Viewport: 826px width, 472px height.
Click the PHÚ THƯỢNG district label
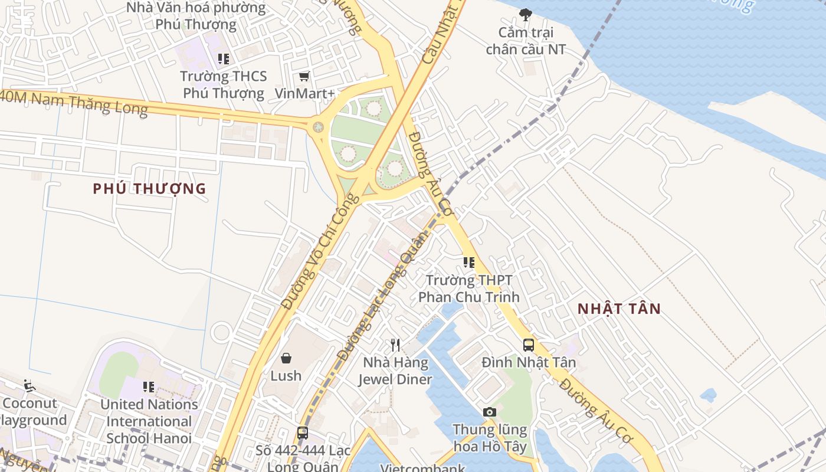pyautogui.click(x=149, y=189)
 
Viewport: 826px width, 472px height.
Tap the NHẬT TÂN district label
pyautogui.click(x=619, y=309)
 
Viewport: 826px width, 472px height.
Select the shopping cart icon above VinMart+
pyautogui.click(x=304, y=76)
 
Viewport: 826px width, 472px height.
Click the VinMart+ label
pyautogui.click(x=304, y=93)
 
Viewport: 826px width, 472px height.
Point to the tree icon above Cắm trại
pyautogui.click(x=525, y=15)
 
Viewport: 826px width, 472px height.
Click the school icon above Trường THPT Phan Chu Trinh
pyautogui.click(x=469, y=263)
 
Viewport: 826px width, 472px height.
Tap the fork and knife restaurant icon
pyautogui.click(x=395, y=345)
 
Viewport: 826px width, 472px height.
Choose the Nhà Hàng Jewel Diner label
pyautogui.click(x=395, y=371)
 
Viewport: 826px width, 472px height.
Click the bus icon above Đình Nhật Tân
pyautogui.click(x=529, y=345)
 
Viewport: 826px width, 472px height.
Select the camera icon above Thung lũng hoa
pyautogui.click(x=489, y=412)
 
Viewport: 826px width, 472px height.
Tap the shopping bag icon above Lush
pyautogui.click(x=286, y=358)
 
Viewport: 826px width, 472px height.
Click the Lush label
pyautogui.click(x=286, y=376)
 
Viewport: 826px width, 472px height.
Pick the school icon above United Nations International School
pyautogui.click(x=149, y=387)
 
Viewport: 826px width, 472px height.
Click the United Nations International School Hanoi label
pyautogui.click(x=149, y=421)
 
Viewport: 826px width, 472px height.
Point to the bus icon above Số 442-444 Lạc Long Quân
pyautogui.click(x=303, y=432)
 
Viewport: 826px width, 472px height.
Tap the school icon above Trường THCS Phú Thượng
pyautogui.click(x=224, y=59)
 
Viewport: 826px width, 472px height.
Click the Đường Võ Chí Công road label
pyautogui.click(x=312, y=251)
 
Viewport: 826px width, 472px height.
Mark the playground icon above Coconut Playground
pyautogui.click(x=28, y=386)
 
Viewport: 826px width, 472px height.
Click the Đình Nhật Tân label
pyautogui.click(x=529, y=362)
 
